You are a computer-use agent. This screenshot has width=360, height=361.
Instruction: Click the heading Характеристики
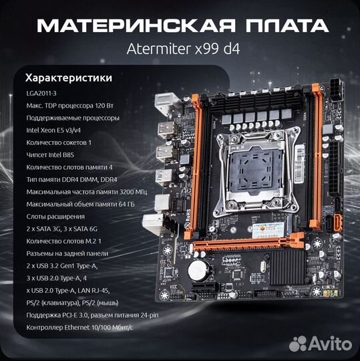point(67,78)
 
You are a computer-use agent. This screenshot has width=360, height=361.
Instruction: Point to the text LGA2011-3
point(44,94)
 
